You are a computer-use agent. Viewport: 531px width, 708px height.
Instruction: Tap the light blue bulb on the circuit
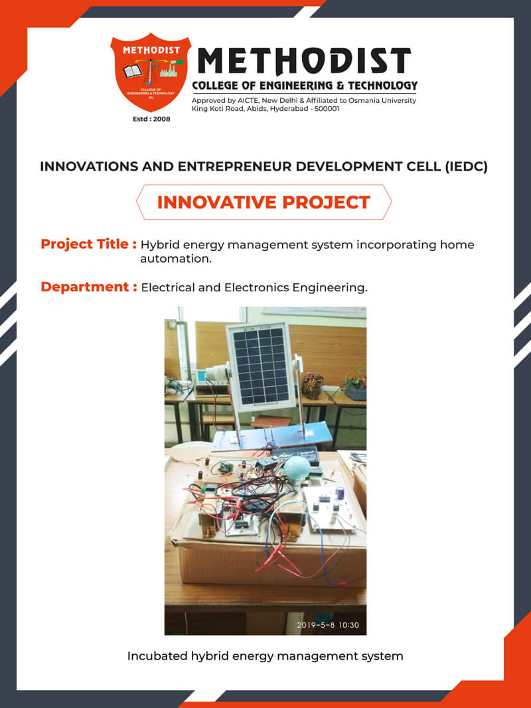tap(296, 472)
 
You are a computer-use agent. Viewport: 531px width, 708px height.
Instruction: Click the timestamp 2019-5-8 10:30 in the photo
tap(328, 625)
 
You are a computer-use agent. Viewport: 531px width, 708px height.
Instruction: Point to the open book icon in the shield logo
tap(132, 71)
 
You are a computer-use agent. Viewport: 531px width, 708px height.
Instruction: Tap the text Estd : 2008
tap(151, 119)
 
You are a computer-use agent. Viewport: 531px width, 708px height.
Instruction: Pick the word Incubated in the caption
tap(152, 656)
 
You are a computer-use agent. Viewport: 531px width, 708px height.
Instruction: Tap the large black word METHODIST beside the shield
tap(305, 61)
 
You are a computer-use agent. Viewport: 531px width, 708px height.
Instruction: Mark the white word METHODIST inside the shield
tap(151, 50)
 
